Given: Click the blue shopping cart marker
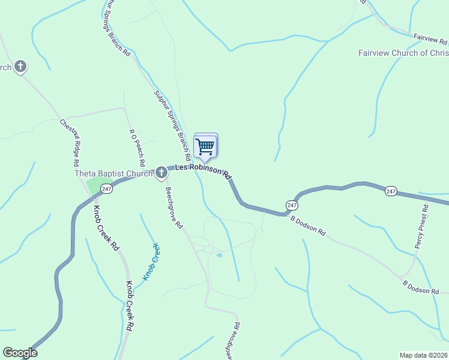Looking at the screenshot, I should [205, 146].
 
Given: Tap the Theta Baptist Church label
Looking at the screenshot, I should [114, 174].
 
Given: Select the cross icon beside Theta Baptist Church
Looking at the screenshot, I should [161, 173].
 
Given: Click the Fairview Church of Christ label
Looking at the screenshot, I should [403, 53].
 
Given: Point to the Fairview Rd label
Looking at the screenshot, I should [430, 40].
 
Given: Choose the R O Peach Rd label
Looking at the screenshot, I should [137, 146].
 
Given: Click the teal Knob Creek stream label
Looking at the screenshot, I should [151, 262].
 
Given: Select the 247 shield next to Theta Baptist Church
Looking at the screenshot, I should [106, 189].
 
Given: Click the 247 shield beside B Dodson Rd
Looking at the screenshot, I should [292, 205].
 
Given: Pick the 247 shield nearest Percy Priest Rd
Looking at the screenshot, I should [391, 191].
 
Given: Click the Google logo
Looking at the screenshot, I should [20, 353].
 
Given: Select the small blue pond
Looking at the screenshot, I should [219, 256].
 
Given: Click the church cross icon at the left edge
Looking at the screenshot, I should [20, 67].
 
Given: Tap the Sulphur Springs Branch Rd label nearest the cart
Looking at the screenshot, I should [172, 124].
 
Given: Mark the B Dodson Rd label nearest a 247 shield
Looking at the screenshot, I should [308, 225].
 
